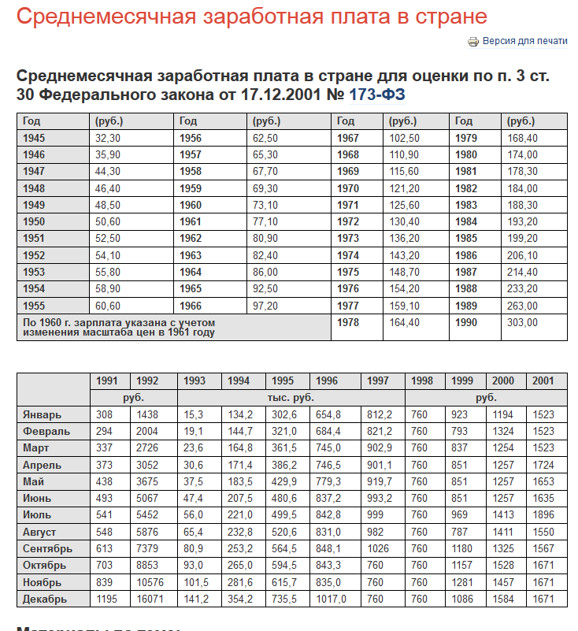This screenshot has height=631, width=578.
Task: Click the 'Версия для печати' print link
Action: point(524,41)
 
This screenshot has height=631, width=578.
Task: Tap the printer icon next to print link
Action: point(473,42)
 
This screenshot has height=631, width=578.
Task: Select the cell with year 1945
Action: point(35,138)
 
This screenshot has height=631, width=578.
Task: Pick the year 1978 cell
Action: point(348,322)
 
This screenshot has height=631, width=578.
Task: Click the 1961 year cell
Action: point(191,222)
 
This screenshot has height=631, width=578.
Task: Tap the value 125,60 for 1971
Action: point(403,205)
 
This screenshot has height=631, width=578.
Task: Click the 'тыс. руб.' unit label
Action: point(291,398)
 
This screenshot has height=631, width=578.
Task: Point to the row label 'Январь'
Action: point(43,414)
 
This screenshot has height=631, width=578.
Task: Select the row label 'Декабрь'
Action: point(44,599)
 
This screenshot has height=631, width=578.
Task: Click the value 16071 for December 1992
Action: point(148,599)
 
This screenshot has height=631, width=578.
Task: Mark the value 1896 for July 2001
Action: point(543,515)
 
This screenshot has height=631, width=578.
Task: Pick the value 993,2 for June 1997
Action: point(380,499)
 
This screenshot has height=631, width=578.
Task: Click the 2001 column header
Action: point(543,381)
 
